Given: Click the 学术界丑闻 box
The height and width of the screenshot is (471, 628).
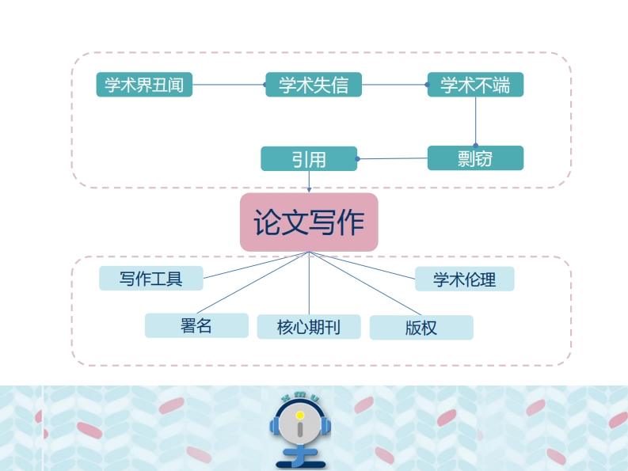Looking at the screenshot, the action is [144, 85].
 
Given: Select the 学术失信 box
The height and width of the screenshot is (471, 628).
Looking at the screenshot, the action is [313, 85].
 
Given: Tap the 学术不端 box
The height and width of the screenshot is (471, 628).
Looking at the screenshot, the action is [475, 85].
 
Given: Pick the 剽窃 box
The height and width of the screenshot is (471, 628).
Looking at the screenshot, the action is [475, 158].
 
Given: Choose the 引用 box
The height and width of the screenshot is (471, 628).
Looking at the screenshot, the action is [309, 159].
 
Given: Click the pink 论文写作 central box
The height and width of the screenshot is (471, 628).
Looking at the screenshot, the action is [309, 222].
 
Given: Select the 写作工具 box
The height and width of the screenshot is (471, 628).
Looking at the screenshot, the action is [150, 279].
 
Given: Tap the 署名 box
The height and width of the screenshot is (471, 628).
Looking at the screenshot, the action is [196, 325].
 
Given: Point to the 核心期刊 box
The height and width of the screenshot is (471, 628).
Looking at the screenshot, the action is [309, 327].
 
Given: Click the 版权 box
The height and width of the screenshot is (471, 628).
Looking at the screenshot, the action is [421, 328].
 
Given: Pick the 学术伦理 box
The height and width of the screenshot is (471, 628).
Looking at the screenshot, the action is [464, 279].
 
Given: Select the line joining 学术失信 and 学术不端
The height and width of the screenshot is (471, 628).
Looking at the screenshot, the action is [394, 85].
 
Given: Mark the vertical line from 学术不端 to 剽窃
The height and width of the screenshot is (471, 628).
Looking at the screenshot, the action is [475, 121].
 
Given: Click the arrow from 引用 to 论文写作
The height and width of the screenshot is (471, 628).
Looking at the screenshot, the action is [309, 181].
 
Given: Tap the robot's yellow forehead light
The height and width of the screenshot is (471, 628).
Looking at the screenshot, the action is [299, 414].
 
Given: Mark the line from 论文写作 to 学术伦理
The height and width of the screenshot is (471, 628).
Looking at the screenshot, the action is [362, 264].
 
